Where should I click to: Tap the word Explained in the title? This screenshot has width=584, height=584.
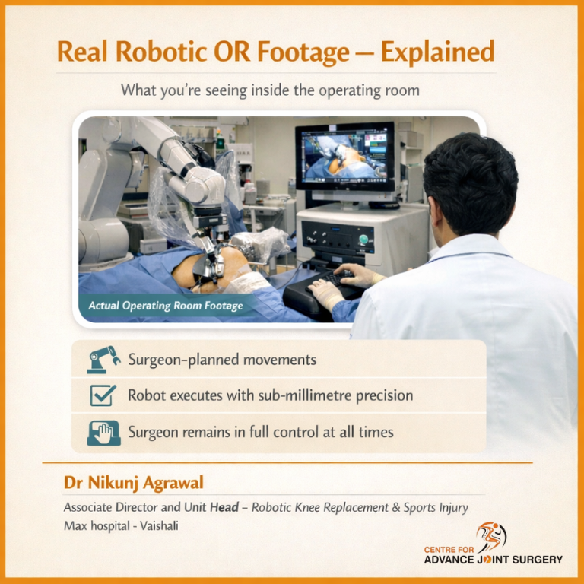click(x=437, y=52)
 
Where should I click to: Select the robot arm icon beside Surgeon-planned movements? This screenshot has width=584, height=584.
click(x=103, y=359)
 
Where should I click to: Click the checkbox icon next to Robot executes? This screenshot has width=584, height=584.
click(x=103, y=395)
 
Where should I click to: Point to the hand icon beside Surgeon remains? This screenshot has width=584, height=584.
click(x=103, y=432)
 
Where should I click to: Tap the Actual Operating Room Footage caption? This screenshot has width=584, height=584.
click(x=165, y=306)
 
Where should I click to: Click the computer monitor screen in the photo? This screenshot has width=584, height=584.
click(x=344, y=157)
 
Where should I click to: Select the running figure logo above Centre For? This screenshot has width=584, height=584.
click(x=490, y=537)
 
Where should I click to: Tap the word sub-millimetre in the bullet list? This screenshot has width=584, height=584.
click(x=310, y=395)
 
